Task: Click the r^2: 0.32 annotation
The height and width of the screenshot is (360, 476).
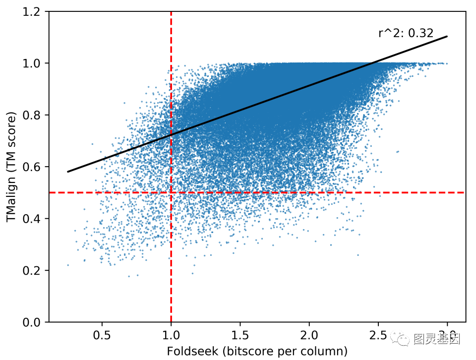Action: (x=406, y=34)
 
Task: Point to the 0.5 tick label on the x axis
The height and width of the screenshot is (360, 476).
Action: (x=102, y=334)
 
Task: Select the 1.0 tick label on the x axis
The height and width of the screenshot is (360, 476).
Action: (x=171, y=334)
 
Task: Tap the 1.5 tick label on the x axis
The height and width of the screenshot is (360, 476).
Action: (x=240, y=334)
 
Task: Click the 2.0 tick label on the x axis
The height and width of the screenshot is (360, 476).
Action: (x=309, y=334)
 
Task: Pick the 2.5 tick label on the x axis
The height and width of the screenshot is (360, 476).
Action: (x=378, y=334)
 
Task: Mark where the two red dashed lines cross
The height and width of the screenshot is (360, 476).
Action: (x=171, y=192)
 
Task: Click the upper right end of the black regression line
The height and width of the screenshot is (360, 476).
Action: (x=447, y=36)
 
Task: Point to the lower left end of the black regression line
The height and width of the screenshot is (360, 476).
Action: (x=68, y=172)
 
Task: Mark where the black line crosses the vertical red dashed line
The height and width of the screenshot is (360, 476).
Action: (x=171, y=134)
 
